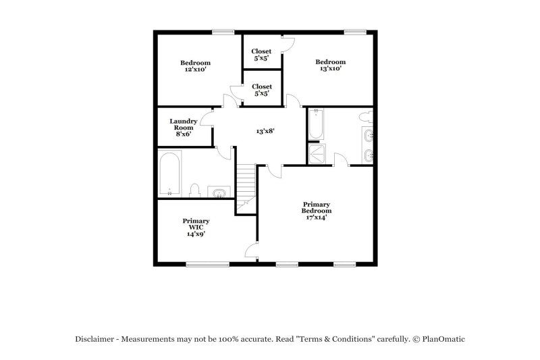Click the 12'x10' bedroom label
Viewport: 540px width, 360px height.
click(x=195, y=66)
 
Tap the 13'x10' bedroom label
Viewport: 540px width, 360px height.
click(x=331, y=65)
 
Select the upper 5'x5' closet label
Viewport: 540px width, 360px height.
click(x=262, y=55)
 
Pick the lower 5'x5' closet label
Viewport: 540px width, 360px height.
click(x=262, y=90)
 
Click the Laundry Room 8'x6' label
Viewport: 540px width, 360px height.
click(x=183, y=127)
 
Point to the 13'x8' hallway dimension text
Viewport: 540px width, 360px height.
click(x=265, y=131)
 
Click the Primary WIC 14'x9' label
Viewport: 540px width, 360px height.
click(x=196, y=227)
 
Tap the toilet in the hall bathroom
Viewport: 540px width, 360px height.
click(x=195, y=190)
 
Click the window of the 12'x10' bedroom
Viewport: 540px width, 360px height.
click(x=222, y=31)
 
